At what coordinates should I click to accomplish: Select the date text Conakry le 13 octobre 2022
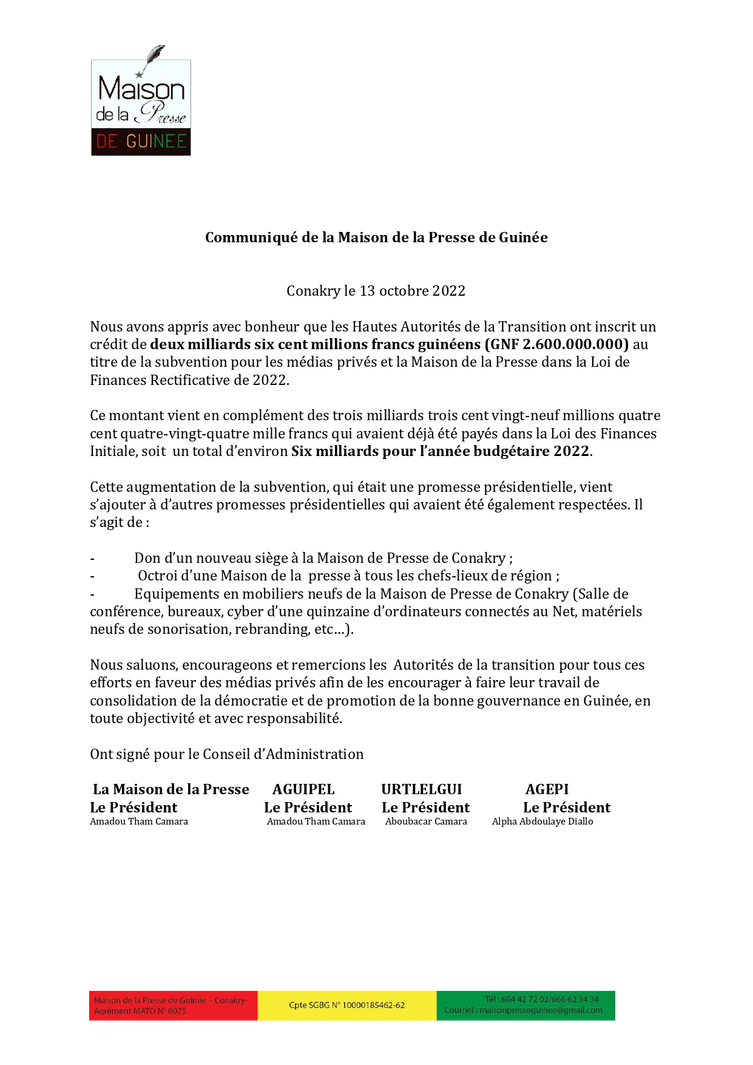(x=376, y=291)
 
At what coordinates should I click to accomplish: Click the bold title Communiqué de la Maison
(x=376, y=237)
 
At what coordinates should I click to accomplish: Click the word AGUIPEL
(x=303, y=789)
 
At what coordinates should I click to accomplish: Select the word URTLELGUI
(x=421, y=789)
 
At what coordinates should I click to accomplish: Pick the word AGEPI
(x=547, y=789)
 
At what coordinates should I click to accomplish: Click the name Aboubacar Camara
(x=426, y=822)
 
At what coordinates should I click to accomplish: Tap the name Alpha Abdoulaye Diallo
(x=542, y=822)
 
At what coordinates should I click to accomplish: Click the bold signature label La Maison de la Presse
(x=171, y=789)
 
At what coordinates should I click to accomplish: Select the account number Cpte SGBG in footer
(x=346, y=1005)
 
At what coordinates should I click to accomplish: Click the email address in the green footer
(x=523, y=1010)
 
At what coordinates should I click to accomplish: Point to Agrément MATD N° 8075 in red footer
(x=140, y=1011)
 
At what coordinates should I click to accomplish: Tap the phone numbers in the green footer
(x=542, y=999)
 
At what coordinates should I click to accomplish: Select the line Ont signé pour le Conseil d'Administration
(x=226, y=754)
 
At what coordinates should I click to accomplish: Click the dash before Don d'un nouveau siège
(x=92, y=559)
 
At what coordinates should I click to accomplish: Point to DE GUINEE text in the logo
(x=141, y=141)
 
